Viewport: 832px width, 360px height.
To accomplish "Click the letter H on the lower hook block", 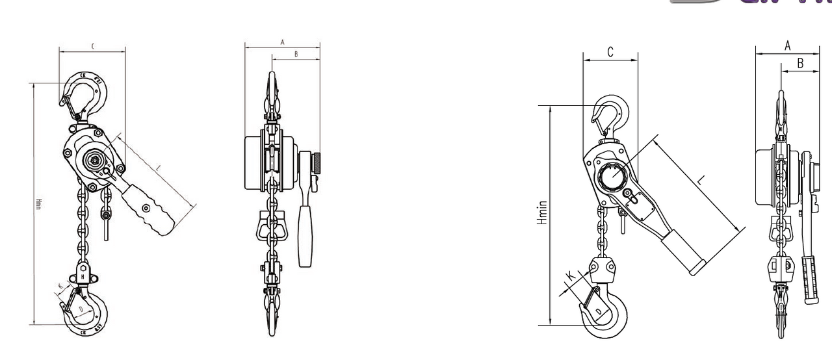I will (x=83, y=277).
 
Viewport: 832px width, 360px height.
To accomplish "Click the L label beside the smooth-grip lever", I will (x=701, y=181).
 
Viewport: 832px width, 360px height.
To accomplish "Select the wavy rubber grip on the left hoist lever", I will (x=151, y=209).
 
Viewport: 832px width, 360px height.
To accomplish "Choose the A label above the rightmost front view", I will (x=787, y=45).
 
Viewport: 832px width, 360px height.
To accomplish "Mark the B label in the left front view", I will (x=296, y=55).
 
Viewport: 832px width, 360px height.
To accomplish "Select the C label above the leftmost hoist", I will (x=92, y=46).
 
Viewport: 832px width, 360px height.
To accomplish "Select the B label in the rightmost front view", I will (x=800, y=63).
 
